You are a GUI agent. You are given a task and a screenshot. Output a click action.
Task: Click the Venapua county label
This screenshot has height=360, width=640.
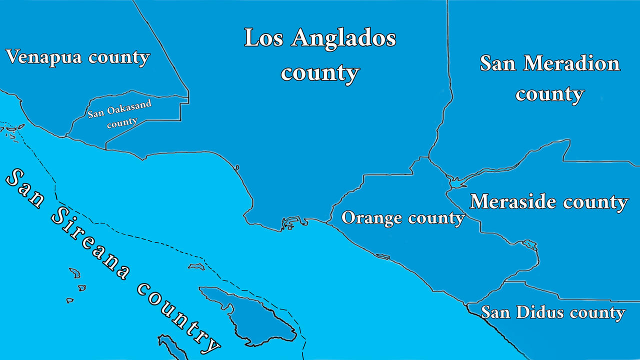click(77, 57)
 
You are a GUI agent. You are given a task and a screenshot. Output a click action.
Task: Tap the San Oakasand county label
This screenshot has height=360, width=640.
click(119, 114)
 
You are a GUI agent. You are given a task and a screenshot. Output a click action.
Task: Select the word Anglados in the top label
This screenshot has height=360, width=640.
click(343, 38)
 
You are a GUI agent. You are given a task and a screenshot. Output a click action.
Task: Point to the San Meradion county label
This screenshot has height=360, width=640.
click(550, 78)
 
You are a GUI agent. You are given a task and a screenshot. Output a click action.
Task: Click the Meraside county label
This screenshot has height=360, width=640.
click(549, 202)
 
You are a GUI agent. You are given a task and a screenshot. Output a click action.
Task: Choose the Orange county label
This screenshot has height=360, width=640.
click(403, 218)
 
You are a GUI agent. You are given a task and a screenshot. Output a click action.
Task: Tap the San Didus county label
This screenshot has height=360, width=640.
click(553, 312)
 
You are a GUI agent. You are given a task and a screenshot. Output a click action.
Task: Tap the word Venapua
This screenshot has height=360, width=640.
click(43, 57)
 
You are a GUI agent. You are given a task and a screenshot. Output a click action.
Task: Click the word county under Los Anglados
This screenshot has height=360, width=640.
click(320, 73)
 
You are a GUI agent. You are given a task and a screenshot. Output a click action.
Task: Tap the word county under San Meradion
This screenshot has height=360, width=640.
click(550, 94)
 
